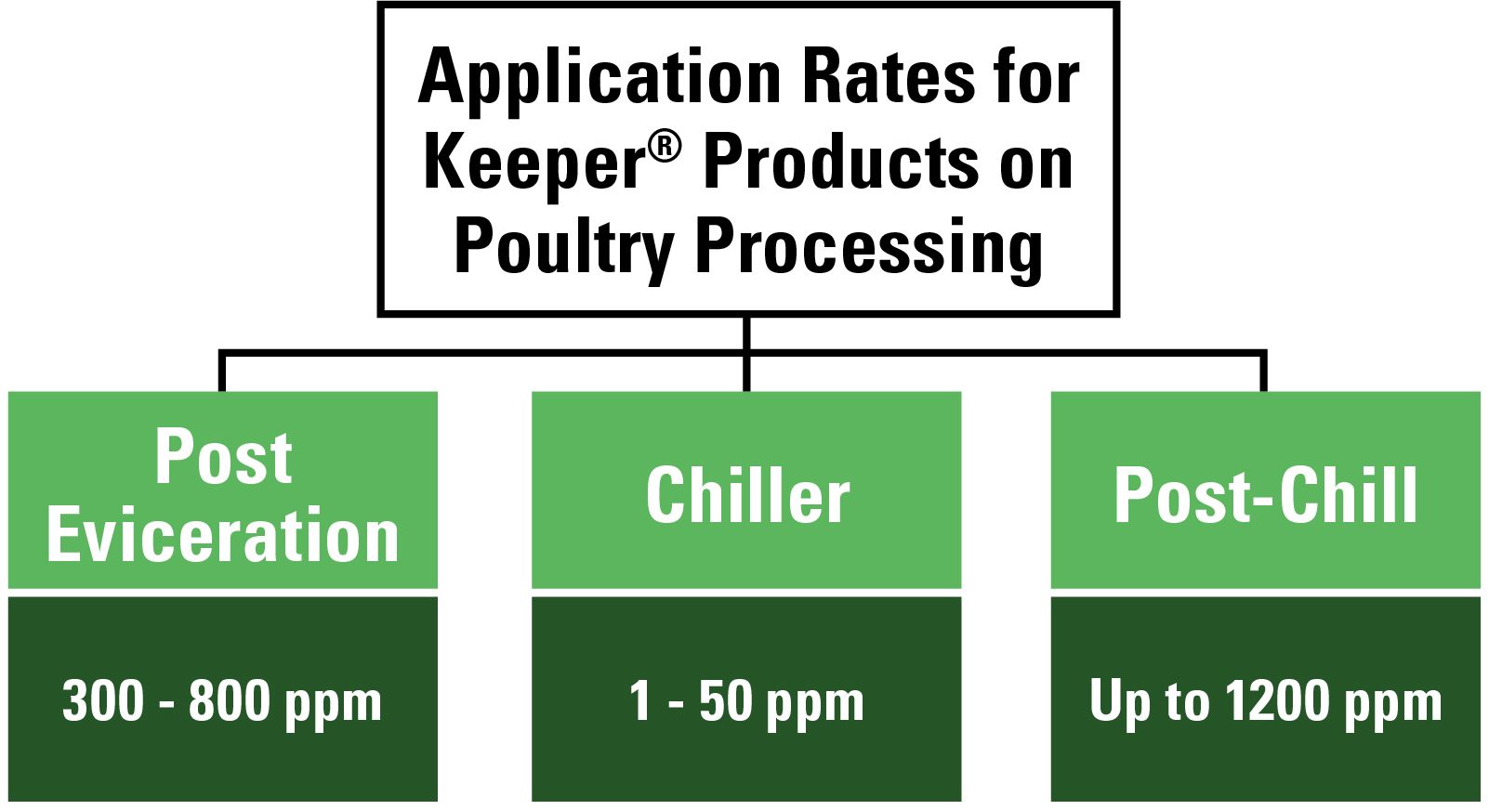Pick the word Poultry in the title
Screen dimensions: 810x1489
tap(563, 248)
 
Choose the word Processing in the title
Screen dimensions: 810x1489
tap(869, 248)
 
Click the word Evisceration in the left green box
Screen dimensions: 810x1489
tap(223, 537)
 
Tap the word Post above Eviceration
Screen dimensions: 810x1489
tap(223, 457)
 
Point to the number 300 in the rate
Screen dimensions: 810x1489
tap(102, 701)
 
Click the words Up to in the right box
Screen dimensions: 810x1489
tap(1149, 701)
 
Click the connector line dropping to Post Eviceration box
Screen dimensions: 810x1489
tap(222, 372)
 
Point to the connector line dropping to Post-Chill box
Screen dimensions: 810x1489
tap(1263, 372)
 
